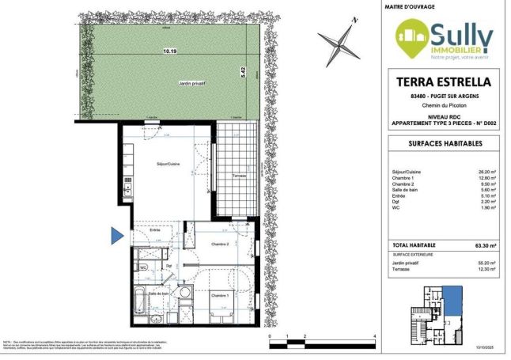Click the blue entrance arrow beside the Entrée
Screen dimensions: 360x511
pyautogui.click(x=117, y=235)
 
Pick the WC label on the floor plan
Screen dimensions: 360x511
pyautogui.click(x=143, y=267)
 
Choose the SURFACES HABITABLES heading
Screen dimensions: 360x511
pyautogui.click(x=441, y=143)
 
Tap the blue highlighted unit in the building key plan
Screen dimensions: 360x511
pyautogui.click(x=452, y=300)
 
